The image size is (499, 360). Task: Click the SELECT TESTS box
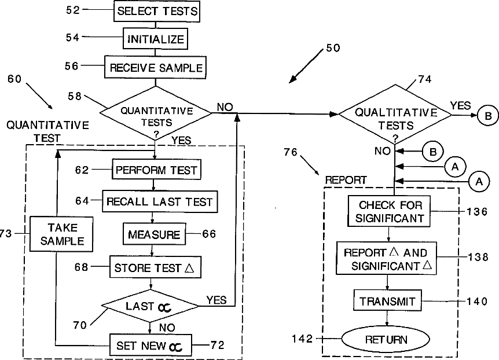[157, 11]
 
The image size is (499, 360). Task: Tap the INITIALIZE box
[156, 39]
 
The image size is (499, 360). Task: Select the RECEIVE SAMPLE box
[156, 68]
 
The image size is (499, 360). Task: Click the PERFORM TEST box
[156, 171]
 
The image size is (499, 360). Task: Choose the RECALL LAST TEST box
[159, 202]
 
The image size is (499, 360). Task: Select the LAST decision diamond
[149, 306]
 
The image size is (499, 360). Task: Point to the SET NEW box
[150, 346]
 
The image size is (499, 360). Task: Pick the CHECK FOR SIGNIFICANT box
[390, 212]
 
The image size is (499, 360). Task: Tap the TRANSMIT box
[387, 301]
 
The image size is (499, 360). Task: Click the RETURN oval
[386, 339]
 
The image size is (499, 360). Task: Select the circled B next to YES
[487, 116]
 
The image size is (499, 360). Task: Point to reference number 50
[333, 48]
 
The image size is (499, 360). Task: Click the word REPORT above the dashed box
[346, 180]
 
